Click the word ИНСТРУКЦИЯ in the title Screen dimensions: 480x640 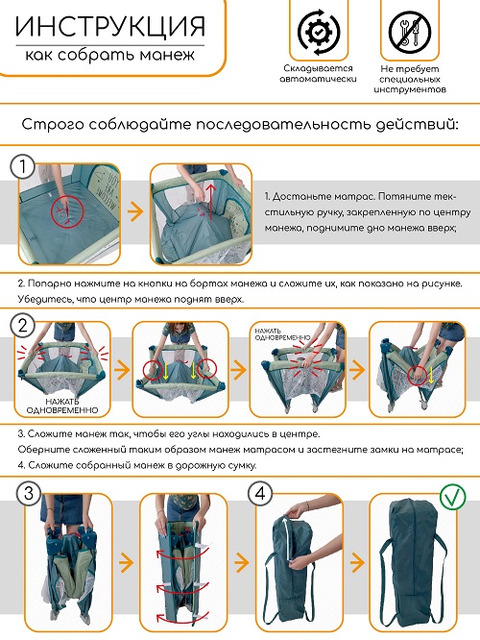pos(110,27)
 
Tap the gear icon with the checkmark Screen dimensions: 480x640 pos(319,32)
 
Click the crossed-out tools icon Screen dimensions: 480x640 pos(410,32)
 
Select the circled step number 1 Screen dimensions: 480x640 pos(22,166)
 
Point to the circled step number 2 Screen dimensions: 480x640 pos(22,326)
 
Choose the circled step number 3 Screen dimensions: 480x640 pos(29,493)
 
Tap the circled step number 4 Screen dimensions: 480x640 pos(260,493)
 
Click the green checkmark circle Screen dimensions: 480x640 pos(453,497)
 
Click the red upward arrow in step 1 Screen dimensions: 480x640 pos(210,202)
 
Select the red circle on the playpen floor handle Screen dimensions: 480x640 pos(67,211)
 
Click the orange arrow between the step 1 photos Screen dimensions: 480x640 pos(135,211)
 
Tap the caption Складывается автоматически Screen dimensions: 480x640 pos(318,73)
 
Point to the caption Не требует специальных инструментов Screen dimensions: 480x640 pos(410,79)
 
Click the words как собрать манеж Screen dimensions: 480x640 pos(110,55)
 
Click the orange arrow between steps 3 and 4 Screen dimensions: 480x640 pos(242,563)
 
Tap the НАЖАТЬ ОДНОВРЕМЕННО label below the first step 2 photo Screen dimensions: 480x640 pos(62,406)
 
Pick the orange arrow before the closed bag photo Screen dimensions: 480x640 pos(357,563)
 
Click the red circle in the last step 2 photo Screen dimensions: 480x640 pos(418,374)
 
